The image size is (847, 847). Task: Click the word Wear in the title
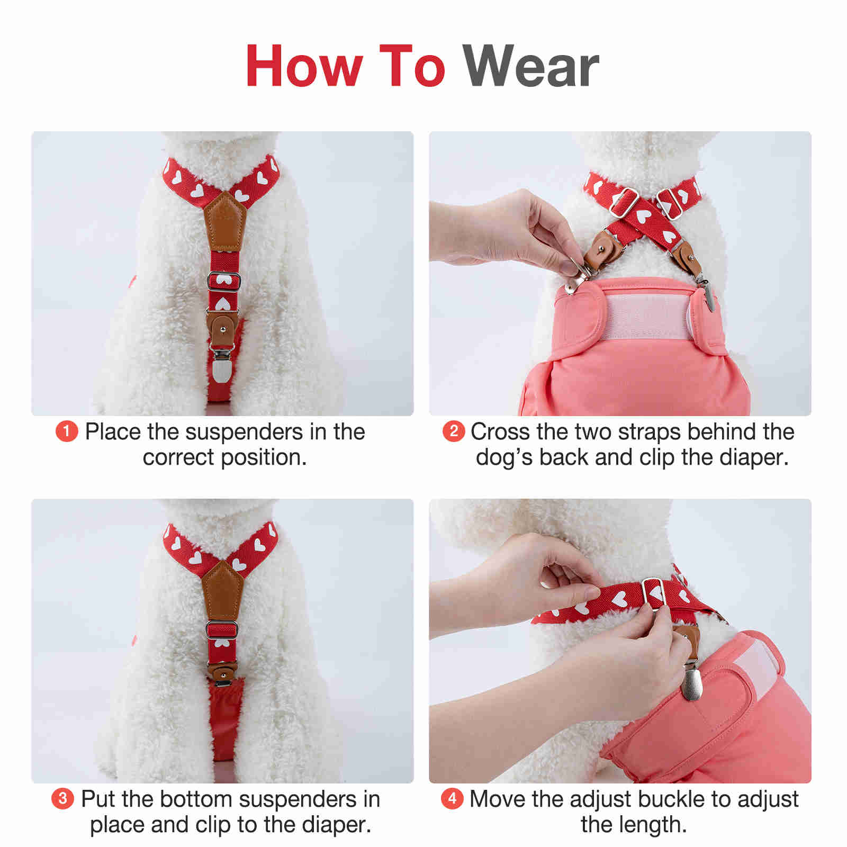[531, 66]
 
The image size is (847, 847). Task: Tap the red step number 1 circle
[67, 432]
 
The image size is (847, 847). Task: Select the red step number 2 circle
[453, 431]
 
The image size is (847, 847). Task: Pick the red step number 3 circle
[62, 798]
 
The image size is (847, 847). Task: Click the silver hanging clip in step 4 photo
[692, 682]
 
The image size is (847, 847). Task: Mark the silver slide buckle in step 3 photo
[222, 629]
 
